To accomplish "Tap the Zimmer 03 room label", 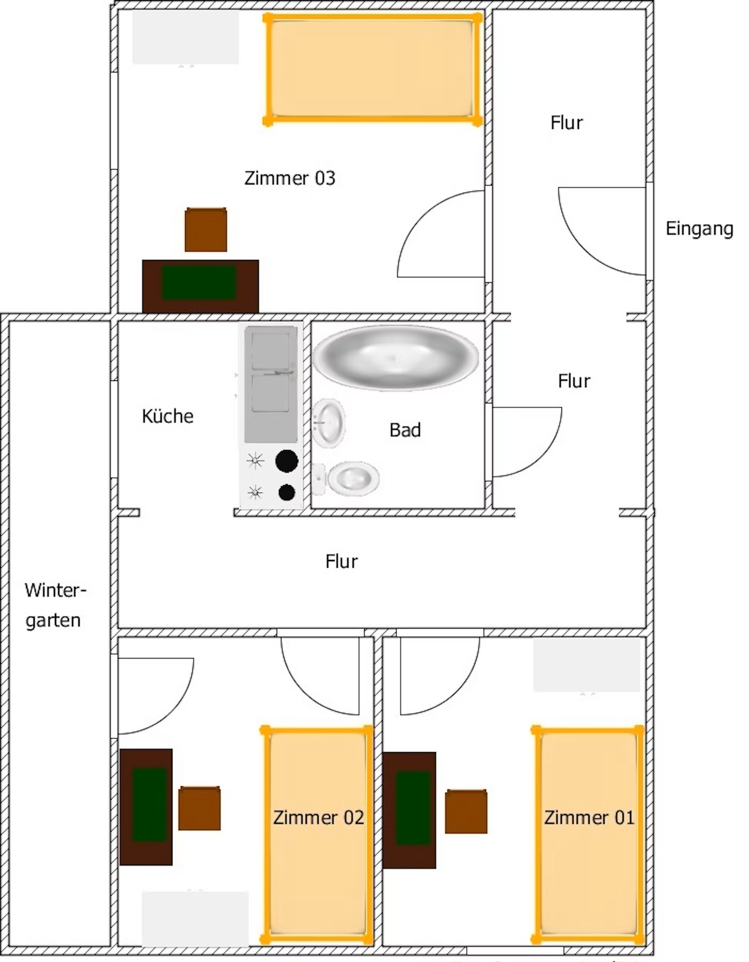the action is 290,178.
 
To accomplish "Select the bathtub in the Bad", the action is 395,357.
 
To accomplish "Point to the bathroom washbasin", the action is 328,423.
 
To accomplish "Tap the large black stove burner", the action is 287,461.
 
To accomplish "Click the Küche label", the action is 167,416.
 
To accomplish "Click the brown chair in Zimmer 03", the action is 206,230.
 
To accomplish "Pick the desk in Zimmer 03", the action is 201,286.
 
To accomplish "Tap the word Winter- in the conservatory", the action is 55,590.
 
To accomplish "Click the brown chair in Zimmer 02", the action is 199,808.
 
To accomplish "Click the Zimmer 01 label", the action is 589,818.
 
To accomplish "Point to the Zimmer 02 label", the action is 318,818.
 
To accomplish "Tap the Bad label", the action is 405,430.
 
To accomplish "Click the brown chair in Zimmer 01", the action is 466,811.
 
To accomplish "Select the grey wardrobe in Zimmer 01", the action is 587,665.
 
